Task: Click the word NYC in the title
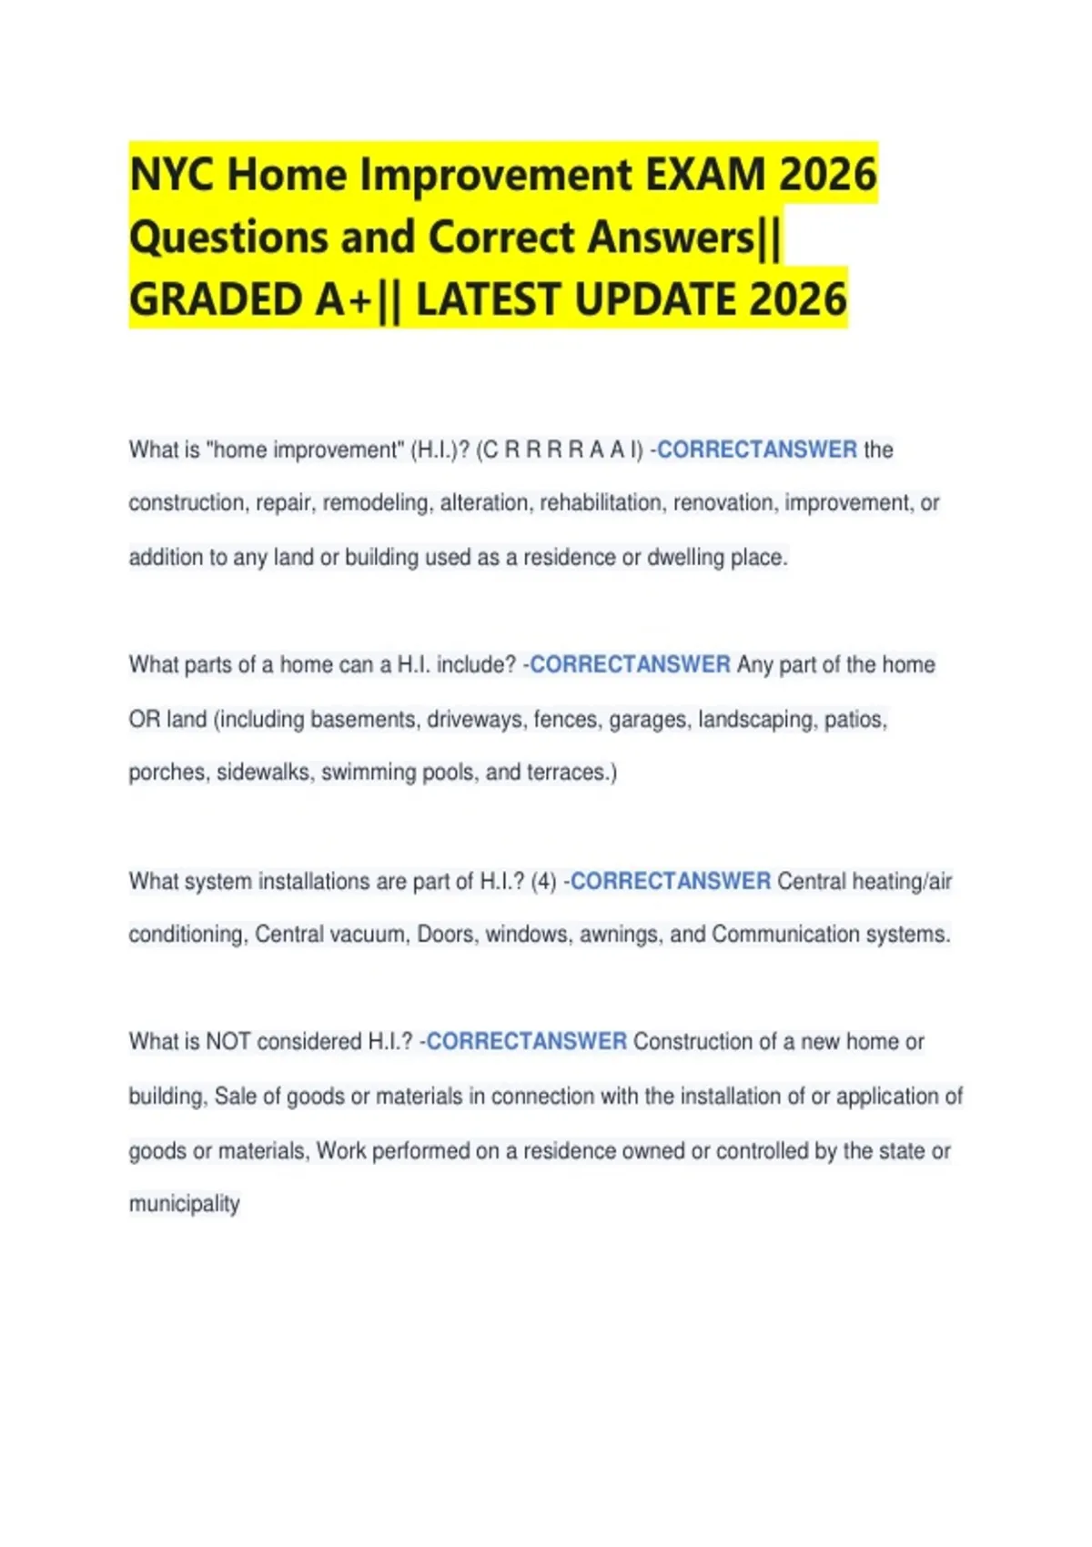[x=173, y=175]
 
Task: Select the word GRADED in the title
[x=217, y=299]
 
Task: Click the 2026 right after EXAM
[x=827, y=175]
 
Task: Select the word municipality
[x=184, y=1204]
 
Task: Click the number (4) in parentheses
[x=543, y=882]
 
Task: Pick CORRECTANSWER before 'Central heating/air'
[x=671, y=882]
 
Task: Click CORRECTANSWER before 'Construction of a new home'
[x=526, y=1042]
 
